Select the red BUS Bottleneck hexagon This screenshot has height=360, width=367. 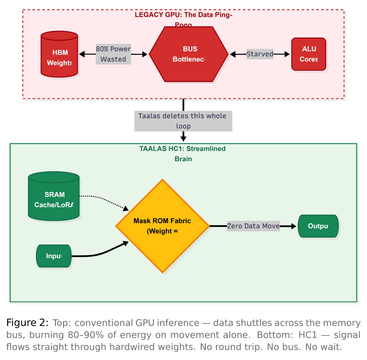coord(189,54)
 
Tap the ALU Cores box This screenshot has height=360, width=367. coord(308,54)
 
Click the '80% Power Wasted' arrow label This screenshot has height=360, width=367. coord(113,54)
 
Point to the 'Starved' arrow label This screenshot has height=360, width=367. coord(260,54)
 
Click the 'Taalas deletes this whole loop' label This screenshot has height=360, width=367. coord(183,121)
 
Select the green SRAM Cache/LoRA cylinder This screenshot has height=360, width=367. coord(54,197)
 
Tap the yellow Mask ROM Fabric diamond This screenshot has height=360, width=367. coord(162,226)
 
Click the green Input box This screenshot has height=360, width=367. coord(54,256)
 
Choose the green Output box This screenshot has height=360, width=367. coord(318,226)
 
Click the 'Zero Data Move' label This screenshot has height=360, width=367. coord(253,226)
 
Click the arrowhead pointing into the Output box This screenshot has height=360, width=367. coord(293,226)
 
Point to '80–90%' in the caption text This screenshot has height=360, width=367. coord(86,335)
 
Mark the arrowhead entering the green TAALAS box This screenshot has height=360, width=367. coord(183,138)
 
